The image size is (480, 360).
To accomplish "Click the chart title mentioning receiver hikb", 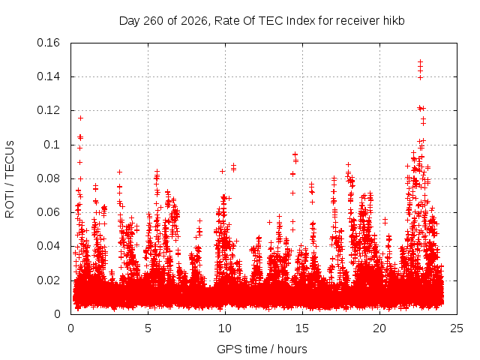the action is (262, 21).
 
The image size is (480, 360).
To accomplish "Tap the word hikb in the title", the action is (394, 20).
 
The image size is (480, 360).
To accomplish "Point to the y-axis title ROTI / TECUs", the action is (10, 179).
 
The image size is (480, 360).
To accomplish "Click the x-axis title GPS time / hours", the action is (262, 349).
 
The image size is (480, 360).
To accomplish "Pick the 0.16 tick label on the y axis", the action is (48, 43).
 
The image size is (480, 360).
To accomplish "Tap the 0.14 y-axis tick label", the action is (48, 76).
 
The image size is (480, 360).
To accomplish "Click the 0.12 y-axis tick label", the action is (48, 110).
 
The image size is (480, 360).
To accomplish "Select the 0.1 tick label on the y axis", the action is (52, 145).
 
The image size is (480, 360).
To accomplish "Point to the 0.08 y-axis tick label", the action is (48, 178).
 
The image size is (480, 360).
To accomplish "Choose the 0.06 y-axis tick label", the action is (48, 212).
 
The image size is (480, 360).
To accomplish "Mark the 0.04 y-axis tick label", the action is (48, 246).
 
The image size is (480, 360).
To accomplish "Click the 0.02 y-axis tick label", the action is (48, 280).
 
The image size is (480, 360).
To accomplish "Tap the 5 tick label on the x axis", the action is (148, 328).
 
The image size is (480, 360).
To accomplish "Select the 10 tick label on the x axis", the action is (225, 328).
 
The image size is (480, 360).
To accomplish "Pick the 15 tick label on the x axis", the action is (302, 328).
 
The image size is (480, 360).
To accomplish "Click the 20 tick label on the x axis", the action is (379, 328).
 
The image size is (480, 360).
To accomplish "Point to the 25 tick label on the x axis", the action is (457, 328).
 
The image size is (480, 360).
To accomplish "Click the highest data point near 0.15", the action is (420, 61).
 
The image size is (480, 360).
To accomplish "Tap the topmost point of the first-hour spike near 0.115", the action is (80, 118).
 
